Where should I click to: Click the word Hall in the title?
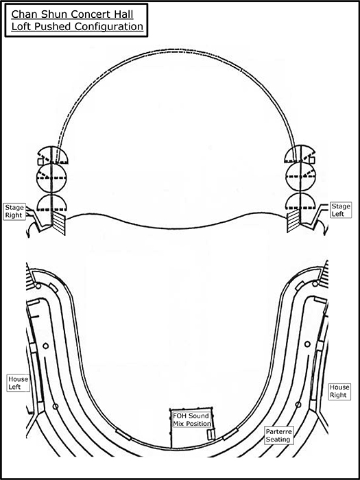[x=123, y=14]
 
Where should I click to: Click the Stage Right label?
[x=14, y=211]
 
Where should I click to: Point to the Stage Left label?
[x=341, y=210]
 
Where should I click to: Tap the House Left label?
[x=18, y=383]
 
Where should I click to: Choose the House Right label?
[x=339, y=392]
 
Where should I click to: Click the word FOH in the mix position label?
[x=180, y=416]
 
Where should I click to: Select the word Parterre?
[x=279, y=431]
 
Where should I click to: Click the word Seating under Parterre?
[x=278, y=440]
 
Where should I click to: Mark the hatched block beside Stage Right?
[x=59, y=224]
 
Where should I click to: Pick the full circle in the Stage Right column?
[x=51, y=177]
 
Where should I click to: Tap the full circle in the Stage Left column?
[x=300, y=176]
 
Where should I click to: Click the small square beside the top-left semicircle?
[x=40, y=162]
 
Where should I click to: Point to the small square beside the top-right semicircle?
[x=312, y=160]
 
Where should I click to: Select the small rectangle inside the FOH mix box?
[x=211, y=435]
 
